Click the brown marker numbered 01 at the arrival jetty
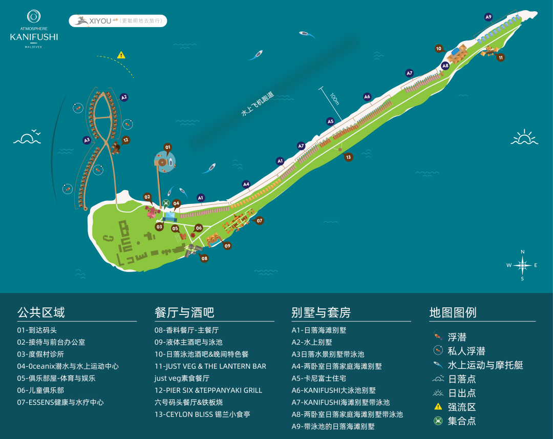(168, 147)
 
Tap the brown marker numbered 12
(125, 140)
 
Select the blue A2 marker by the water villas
(124, 97)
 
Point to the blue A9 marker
(488, 17)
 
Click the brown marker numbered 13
(349, 157)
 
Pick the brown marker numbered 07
(259, 221)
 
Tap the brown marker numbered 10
(439, 49)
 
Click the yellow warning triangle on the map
(121, 55)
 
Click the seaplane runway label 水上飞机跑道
(258, 104)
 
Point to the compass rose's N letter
(523, 252)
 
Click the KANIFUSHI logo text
(34, 37)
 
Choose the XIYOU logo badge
(118, 21)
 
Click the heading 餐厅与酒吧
(184, 312)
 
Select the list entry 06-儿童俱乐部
(40, 390)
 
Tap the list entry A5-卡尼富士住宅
(319, 379)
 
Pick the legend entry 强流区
(462, 407)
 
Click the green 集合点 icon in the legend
(438, 421)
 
